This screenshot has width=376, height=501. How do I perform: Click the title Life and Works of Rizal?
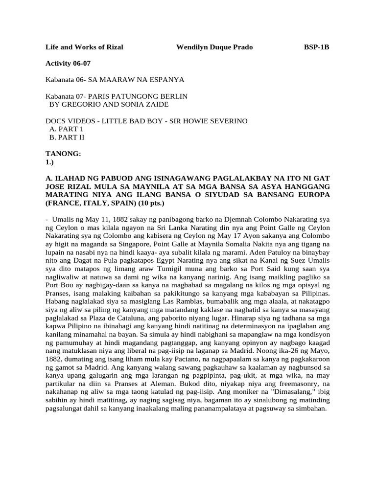tap(84, 47)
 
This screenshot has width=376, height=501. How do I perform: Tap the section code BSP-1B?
tap(317, 47)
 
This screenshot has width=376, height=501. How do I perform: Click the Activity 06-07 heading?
tap(68, 63)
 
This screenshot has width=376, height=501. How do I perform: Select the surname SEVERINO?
tap(224, 121)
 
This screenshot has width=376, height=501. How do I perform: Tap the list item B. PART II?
tap(68, 137)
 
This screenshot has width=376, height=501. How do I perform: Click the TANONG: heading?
tap(63, 154)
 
